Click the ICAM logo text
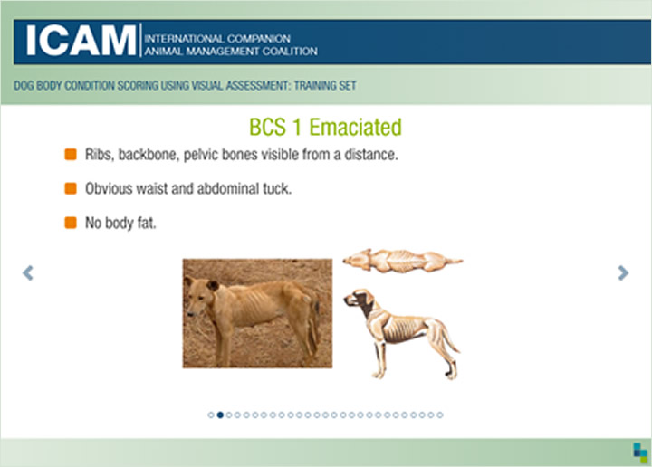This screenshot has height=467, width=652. pos(81,41)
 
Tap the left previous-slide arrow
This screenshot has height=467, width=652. pos(28,273)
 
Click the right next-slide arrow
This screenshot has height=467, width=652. pos(623,273)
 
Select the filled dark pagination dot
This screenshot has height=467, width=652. pos(220,415)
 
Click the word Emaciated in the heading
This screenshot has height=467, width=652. pos(356,127)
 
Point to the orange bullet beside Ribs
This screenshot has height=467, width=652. pos(71,154)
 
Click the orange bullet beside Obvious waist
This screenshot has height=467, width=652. pos(71,188)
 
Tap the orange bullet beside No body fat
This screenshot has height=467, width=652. pos(71,223)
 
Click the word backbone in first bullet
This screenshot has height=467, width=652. pos(149,155)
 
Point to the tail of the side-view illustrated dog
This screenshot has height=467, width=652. pos(450,336)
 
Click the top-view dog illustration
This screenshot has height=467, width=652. pos(402,261)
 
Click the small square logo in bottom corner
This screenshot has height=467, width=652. pos(640,453)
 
